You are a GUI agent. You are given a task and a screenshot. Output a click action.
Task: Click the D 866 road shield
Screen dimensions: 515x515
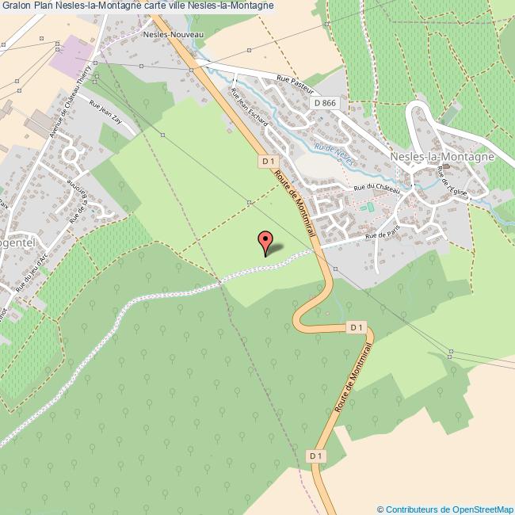324,103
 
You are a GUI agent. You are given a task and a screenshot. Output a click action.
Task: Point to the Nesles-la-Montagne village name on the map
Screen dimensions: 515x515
442,157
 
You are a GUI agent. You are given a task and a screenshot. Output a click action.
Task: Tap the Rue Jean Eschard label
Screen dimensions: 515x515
247,109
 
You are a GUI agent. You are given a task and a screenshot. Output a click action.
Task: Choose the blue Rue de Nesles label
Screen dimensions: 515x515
333,148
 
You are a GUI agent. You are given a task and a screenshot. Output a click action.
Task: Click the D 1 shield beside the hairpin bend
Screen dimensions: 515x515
356,327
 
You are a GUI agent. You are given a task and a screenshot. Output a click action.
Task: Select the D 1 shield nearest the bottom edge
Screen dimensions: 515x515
315,456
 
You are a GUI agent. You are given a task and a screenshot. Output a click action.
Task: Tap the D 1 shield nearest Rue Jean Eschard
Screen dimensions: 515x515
267,161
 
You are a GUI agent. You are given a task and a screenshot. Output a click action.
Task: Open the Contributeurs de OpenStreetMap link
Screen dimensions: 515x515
445,509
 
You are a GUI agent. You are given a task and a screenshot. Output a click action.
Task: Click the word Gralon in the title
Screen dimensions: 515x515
16,6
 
